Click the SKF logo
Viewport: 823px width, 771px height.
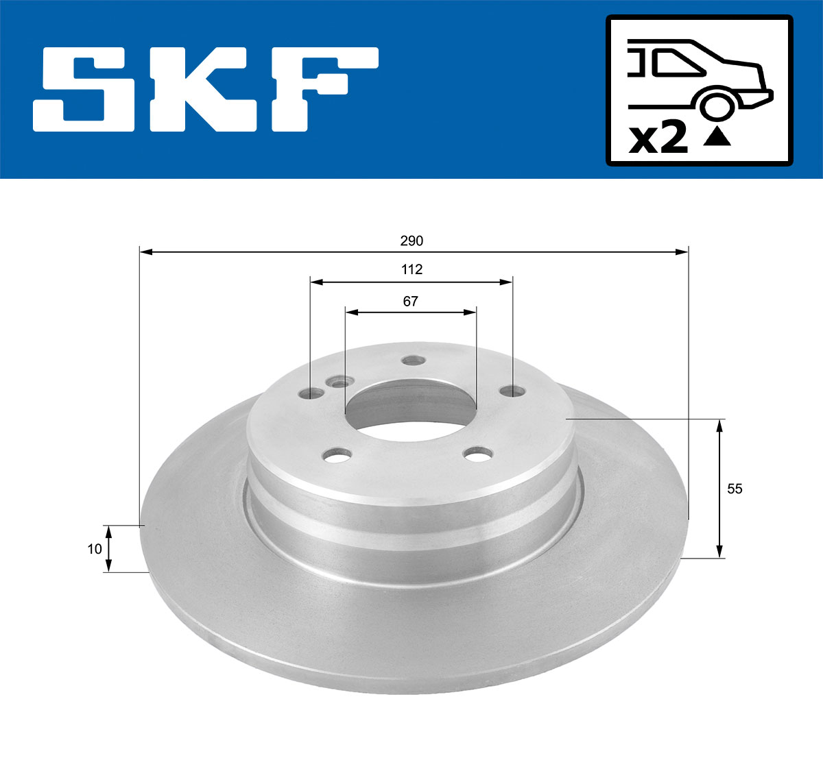tap(206, 89)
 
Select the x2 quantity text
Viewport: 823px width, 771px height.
tap(658, 138)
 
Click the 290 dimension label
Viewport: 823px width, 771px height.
tap(412, 241)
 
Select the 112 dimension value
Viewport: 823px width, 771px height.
tap(411, 269)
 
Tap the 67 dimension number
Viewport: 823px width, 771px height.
tap(410, 302)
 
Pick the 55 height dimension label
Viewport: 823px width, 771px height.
tap(735, 489)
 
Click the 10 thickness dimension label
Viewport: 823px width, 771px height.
tap(95, 548)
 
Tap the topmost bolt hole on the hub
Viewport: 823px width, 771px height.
tap(412, 360)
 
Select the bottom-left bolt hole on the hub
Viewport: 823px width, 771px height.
tap(336, 454)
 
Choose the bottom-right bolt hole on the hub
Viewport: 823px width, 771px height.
tap(477, 454)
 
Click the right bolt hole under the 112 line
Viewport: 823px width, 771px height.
tap(510, 391)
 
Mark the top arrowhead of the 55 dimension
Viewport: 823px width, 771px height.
tap(719, 425)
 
